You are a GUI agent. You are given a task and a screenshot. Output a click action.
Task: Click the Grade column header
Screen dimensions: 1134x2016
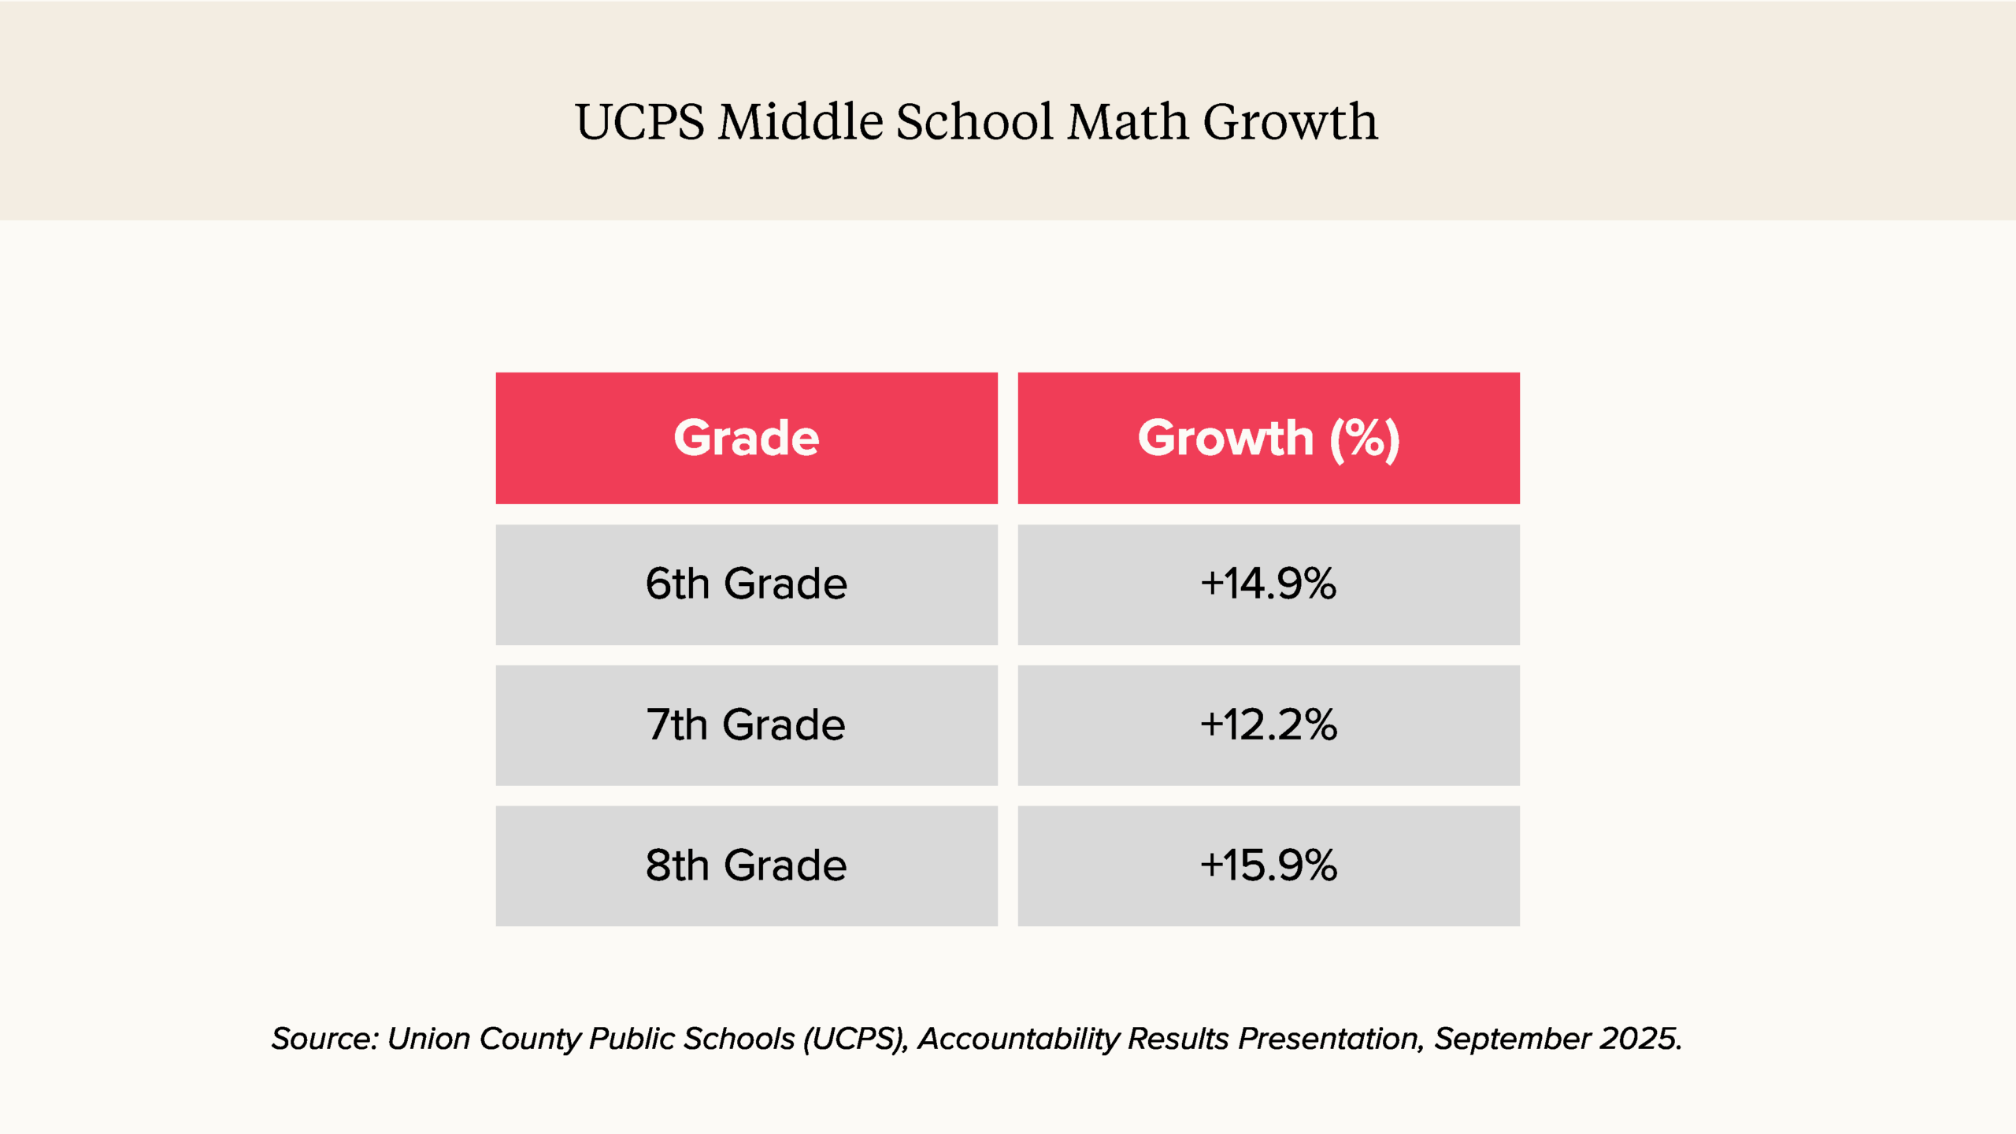click(746, 438)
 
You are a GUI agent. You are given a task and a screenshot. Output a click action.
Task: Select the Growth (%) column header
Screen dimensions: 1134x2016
click(1268, 438)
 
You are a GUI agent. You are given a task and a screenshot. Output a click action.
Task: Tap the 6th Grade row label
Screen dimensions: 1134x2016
click(746, 584)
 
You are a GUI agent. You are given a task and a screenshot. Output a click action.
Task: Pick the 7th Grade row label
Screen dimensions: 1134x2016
click(746, 724)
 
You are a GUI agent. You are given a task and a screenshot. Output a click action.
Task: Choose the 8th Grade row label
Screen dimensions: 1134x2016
click(746, 865)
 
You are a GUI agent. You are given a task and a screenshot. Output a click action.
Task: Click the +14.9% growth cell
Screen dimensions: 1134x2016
click(1268, 584)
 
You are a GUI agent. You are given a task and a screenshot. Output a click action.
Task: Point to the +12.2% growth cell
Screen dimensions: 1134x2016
click(1268, 724)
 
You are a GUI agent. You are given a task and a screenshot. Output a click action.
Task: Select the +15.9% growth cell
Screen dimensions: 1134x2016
click(1268, 865)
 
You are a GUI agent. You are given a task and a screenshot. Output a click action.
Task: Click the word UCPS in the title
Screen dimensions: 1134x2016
click(639, 123)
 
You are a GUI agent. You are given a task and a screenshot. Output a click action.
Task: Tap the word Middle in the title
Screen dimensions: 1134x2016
click(800, 123)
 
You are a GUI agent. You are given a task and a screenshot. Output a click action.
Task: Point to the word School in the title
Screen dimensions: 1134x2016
click(974, 123)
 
